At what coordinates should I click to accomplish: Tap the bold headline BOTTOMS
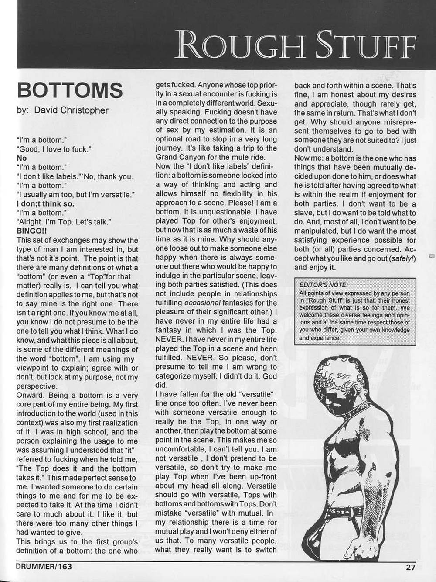pyautogui.click(x=69, y=90)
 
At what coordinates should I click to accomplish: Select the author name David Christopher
pyautogui.click(x=71, y=110)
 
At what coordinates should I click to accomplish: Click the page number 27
pyautogui.click(x=410, y=567)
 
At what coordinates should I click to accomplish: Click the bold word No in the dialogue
pyautogui.click(x=21, y=158)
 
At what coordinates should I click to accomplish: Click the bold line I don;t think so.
pyautogui.click(x=45, y=204)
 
